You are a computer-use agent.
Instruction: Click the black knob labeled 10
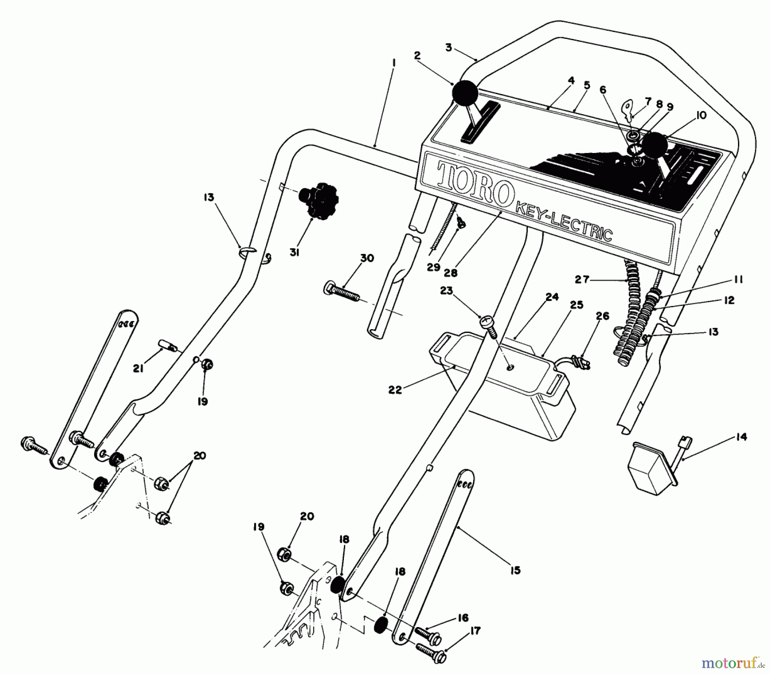coord(655,145)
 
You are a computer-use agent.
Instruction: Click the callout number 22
coord(394,390)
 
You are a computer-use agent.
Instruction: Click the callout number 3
coord(448,48)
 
